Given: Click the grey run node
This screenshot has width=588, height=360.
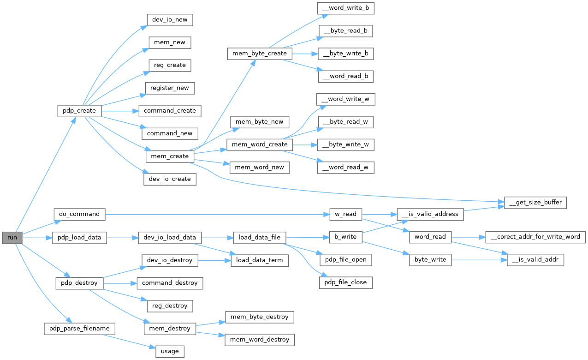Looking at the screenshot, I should (12, 238).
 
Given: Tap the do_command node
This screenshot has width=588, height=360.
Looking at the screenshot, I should (79, 214).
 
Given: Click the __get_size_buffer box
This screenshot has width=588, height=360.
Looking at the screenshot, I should (535, 203).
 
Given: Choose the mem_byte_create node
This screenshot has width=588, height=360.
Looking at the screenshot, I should (259, 54).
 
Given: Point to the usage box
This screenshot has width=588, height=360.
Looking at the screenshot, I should (170, 351).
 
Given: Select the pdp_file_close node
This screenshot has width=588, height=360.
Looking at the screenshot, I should (345, 282).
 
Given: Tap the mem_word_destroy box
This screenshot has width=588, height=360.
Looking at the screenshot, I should (260, 340).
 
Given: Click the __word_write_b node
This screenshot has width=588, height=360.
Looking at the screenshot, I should (345, 8).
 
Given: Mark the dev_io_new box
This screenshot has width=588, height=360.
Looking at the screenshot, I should (169, 20).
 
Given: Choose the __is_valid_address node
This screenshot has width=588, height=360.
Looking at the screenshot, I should (430, 214).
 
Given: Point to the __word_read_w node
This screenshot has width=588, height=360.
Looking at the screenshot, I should (345, 167).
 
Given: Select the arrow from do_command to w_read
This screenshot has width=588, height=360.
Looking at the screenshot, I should (217, 214).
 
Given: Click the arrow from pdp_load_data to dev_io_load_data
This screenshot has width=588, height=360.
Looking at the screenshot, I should (123, 238).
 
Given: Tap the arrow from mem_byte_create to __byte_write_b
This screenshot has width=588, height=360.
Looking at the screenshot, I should (304, 54).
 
